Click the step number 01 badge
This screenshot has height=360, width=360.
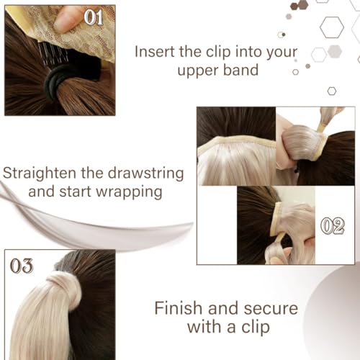(x=94, y=17)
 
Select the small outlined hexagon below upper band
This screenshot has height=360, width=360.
(x=331, y=91)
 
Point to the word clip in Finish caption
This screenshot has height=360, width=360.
(x=251, y=329)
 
